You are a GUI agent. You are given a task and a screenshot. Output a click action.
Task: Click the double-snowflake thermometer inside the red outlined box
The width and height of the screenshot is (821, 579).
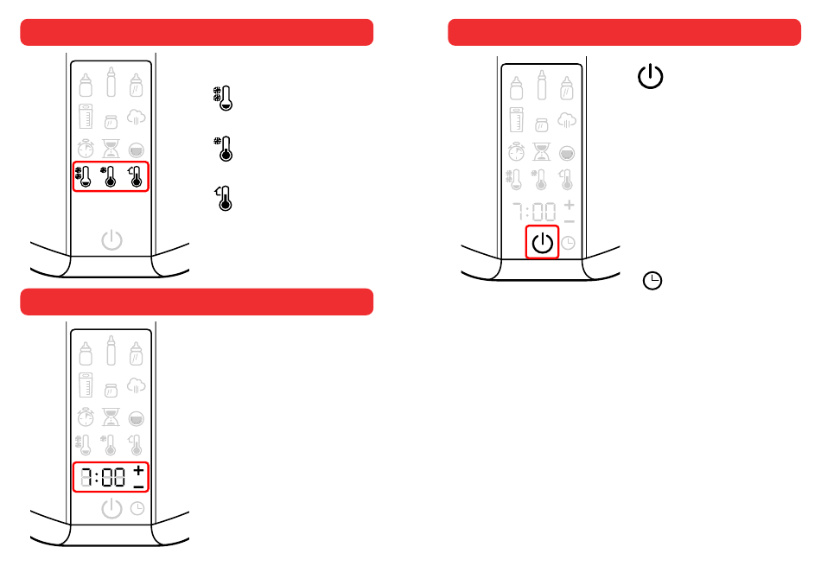(x=84, y=176)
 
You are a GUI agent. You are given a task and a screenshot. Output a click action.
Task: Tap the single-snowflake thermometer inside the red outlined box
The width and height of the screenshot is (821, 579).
(x=110, y=176)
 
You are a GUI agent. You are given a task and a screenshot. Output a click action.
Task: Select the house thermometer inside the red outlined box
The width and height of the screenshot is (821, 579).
(x=135, y=176)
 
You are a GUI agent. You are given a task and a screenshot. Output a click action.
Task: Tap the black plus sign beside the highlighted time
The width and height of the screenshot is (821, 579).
(x=138, y=470)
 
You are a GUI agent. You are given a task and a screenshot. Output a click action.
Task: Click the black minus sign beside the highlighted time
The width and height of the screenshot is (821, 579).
(x=138, y=487)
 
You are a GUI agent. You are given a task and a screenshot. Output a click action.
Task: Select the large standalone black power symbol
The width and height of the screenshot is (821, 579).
(x=651, y=78)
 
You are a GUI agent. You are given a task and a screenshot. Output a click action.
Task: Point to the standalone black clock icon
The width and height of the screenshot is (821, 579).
(x=653, y=281)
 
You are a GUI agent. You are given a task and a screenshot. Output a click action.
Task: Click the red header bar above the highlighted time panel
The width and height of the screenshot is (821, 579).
(x=197, y=302)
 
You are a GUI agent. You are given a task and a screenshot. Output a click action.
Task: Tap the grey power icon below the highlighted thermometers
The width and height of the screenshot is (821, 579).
(x=111, y=239)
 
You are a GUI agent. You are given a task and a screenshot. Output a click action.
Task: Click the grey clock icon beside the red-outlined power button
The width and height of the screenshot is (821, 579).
(x=568, y=243)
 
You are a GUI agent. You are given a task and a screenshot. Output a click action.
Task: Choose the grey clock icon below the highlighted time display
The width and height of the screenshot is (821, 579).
(x=137, y=508)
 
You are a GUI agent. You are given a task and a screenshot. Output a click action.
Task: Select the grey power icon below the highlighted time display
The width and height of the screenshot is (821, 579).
(x=111, y=508)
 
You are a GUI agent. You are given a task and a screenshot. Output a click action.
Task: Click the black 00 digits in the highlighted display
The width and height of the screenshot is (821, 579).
(x=114, y=478)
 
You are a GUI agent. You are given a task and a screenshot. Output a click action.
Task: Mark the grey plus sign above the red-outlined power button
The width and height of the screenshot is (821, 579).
(x=569, y=205)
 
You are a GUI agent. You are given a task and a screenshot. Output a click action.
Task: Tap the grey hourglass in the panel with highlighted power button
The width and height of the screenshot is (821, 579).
(x=541, y=152)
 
